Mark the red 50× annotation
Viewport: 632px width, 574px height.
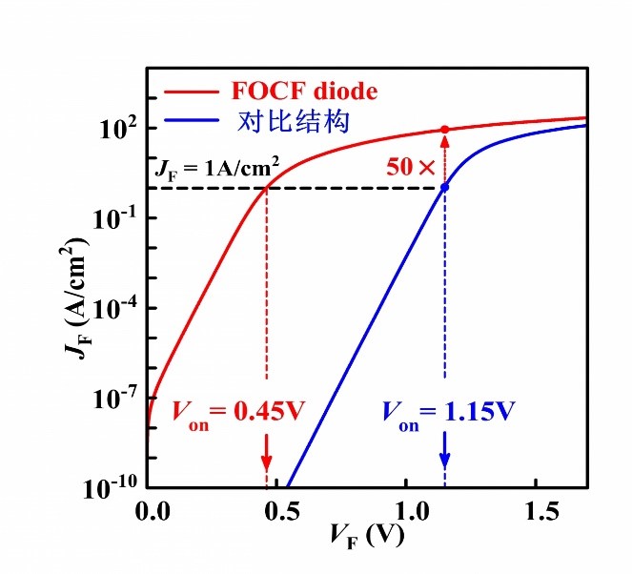(x=411, y=167)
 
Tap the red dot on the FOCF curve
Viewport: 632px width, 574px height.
(x=444, y=130)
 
